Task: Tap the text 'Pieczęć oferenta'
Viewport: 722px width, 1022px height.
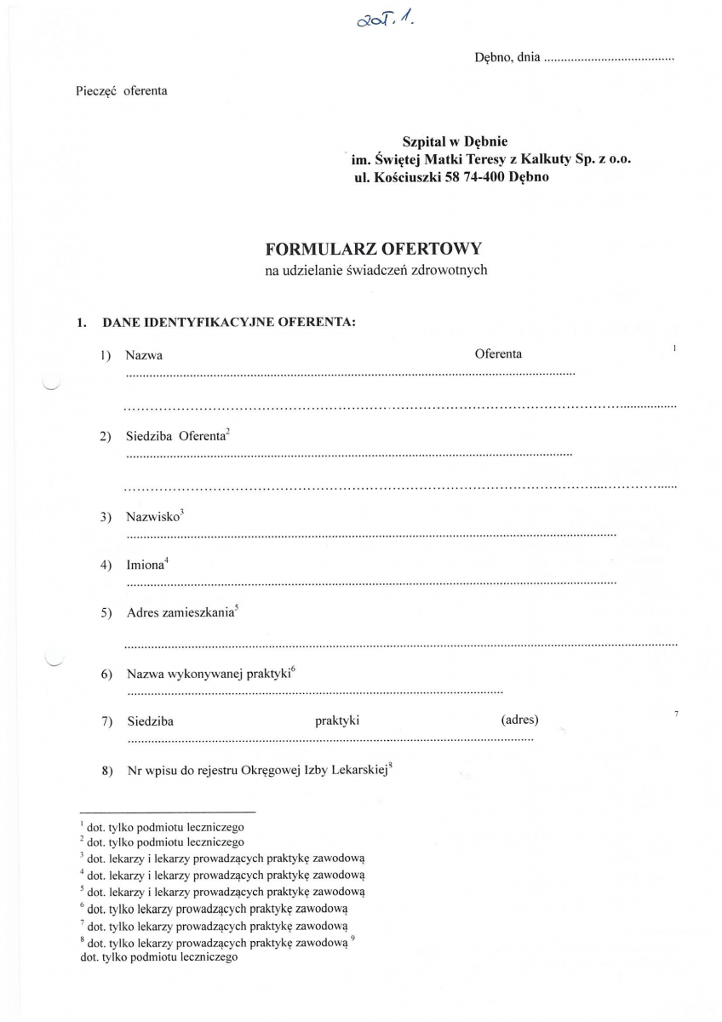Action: [122, 90]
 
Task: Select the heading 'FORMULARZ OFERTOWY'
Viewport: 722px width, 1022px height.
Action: [374, 250]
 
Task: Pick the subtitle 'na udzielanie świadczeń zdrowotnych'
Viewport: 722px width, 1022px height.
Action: [375, 271]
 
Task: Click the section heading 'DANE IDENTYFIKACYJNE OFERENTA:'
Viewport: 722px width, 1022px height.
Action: [228, 323]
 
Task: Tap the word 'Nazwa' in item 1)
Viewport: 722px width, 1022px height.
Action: [144, 354]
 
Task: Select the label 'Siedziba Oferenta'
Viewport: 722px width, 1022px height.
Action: [175, 436]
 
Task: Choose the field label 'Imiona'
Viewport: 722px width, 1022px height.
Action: [145, 565]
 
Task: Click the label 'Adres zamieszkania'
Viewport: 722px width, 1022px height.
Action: [180, 613]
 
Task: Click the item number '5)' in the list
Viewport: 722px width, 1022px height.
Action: [106, 614]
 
